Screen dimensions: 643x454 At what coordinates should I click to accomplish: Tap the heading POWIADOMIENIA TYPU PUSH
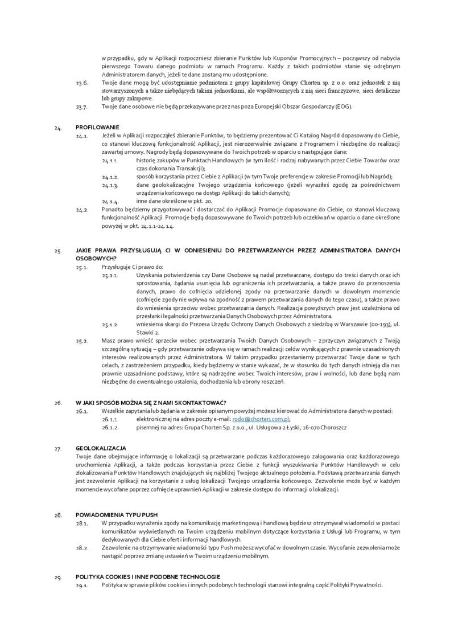tap(117, 515)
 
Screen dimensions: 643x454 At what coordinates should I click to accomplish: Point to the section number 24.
tap(58, 128)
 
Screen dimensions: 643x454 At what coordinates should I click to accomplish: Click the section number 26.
tap(58, 403)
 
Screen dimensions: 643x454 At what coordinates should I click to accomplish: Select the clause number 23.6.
tap(81, 83)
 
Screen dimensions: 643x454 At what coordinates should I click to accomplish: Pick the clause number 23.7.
tap(81, 107)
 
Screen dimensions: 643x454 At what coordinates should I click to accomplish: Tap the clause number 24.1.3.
tap(110, 185)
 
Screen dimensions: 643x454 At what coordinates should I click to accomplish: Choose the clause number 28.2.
tap(81, 547)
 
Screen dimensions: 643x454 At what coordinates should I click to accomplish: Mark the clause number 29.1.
tap(81, 585)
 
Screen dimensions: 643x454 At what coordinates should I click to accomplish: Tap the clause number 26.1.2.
tap(110, 427)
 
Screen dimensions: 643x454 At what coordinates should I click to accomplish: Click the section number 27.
tap(58, 449)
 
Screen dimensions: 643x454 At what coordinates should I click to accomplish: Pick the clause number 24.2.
tap(81, 210)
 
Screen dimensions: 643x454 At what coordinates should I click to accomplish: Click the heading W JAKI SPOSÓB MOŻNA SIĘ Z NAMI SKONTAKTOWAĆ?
tap(151, 403)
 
